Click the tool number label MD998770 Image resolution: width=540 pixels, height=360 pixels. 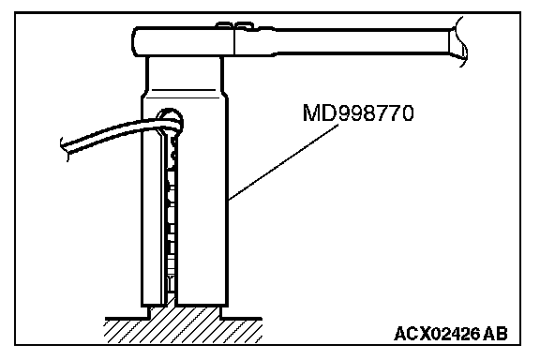(358, 113)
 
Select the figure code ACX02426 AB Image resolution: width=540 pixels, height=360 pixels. (451, 334)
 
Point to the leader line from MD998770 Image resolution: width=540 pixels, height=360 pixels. (283, 162)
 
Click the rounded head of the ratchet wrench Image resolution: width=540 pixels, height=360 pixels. (183, 41)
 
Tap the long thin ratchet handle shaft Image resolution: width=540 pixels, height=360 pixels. (362, 41)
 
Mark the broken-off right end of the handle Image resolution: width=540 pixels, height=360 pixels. (458, 41)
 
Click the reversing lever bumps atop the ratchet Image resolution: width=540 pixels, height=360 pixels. (234, 25)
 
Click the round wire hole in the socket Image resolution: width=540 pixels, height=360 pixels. (170, 122)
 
